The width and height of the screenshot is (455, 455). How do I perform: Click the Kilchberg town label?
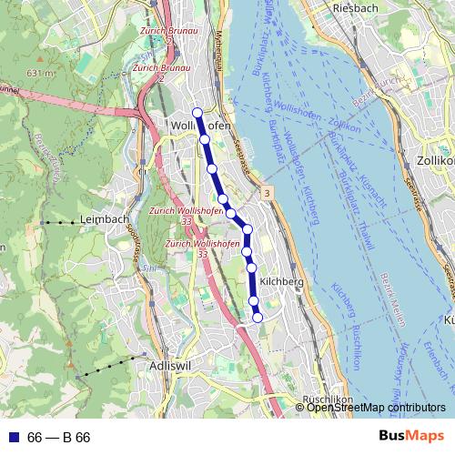(x=280, y=282)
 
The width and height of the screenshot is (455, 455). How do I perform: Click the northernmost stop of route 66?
(x=197, y=112)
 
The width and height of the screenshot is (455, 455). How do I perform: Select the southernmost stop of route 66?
(x=258, y=317)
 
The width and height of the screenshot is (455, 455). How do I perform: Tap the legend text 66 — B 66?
(x=59, y=437)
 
